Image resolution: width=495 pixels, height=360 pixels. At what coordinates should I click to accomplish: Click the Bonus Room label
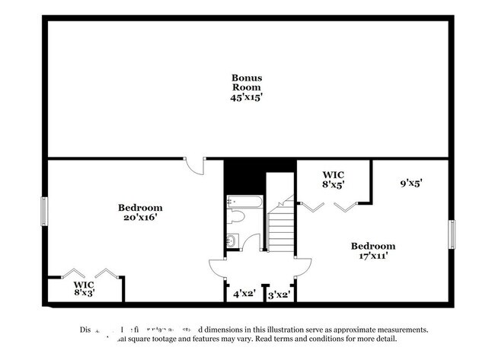tap(247, 82)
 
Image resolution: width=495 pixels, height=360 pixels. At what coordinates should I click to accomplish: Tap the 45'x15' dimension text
tap(247, 97)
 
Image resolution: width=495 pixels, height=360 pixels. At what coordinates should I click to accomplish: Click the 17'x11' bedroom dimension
tap(372, 256)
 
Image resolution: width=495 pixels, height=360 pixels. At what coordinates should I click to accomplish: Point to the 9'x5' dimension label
tap(411, 183)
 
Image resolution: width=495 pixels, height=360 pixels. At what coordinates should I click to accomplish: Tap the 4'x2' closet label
tap(244, 293)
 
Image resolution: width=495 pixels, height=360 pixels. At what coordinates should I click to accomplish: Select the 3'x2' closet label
tap(279, 293)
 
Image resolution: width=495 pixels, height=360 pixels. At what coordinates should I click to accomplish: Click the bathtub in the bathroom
tap(244, 202)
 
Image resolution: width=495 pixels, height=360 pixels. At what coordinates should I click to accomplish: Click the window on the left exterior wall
tap(44, 212)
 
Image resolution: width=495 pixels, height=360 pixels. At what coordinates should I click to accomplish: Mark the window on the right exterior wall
tap(452, 234)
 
